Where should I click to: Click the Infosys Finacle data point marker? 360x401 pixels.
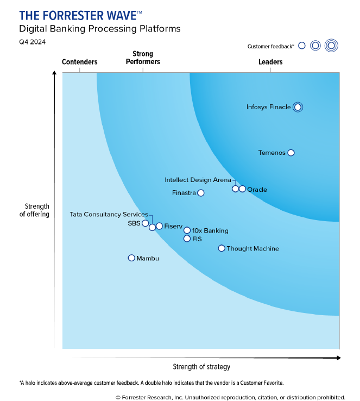click(297, 107)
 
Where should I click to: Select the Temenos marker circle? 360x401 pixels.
click(291, 153)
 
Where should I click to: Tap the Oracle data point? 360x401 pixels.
click(242, 189)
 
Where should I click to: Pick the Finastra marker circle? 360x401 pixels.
click(201, 193)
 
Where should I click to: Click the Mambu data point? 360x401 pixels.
click(131, 258)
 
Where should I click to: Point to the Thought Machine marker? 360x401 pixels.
click(222, 248)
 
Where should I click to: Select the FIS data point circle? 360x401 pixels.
click(187, 239)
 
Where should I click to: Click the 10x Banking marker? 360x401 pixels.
click(187, 230)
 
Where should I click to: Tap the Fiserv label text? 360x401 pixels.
click(173, 226)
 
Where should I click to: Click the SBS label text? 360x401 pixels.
click(134, 223)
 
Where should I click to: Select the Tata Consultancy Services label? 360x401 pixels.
click(109, 215)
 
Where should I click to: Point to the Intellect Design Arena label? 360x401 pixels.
click(198, 180)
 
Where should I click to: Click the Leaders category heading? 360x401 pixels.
click(270, 62)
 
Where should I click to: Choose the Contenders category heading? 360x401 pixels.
click(80, 62)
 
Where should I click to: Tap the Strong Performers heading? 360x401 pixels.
click(143, 58)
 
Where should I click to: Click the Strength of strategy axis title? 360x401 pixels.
click(201, 367)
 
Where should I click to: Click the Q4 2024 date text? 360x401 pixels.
click(33, 42)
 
